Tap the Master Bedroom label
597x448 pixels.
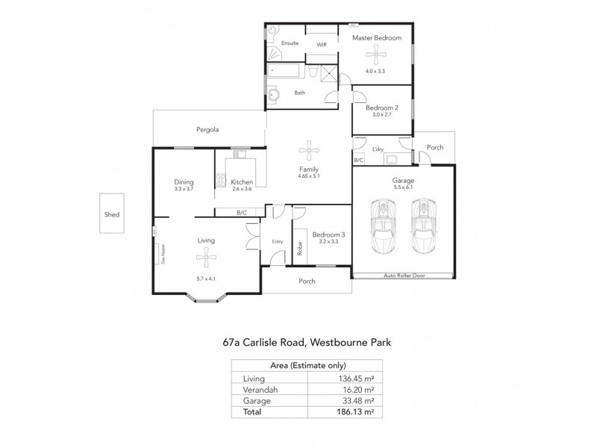377,37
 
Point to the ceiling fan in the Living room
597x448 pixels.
206,258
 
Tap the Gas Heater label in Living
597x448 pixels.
162,254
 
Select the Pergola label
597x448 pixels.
207,129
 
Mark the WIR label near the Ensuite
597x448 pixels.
322,44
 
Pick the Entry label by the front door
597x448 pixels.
278,241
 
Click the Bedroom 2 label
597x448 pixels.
381,108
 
